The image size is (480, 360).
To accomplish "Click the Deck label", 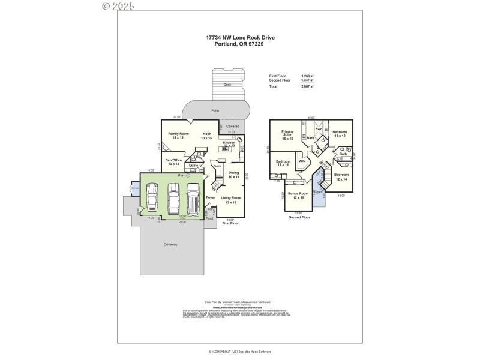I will (x=227, y=85).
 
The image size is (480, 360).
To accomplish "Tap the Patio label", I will (x=215, y=111).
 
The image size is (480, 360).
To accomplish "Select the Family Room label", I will (x=178, y=136).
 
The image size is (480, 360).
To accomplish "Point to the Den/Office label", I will (x=173, y=161).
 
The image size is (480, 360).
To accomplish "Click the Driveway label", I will (x=171, y=244).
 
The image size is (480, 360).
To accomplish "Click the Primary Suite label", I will (x=287, y=135).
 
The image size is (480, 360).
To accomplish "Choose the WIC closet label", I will (x=302, y=161).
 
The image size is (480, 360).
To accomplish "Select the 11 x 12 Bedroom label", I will (x=340, y=134).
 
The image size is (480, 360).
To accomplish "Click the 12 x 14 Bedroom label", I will (x=341, y=177).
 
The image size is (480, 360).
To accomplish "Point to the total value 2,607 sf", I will (x=307, y=87).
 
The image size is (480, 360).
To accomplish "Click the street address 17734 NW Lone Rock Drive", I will (x=240, y=37).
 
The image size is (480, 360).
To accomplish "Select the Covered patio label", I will (x=233, y=127).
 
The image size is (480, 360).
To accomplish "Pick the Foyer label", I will (x=211, y=197).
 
